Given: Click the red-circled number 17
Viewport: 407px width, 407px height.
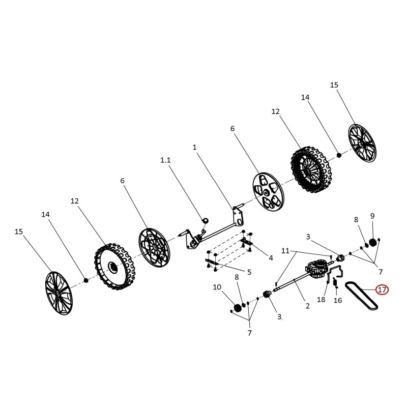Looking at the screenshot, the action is pyautogui.click(x=382, y=289).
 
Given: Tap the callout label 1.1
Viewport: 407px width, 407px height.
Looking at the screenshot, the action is pyautogui.click(x=165, y=160).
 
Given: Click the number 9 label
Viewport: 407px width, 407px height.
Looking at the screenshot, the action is pyautogui.click(x=372, y=216).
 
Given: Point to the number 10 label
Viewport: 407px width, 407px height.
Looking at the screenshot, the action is pyautogui.click(x=217, y=287).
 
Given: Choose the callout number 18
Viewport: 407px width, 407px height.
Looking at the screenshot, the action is pyautogui.click(x=321, y=300).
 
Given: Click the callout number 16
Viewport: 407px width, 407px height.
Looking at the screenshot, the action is pyautogui.click(x=338, y=300).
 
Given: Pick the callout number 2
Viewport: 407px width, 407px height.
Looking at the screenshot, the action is pyautogui.click(x=308, y=306).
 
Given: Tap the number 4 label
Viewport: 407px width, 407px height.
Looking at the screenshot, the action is pyautogui.click(x=271, y=258).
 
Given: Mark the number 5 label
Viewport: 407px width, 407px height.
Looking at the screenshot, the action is pyautogui.click(x=249, y=272).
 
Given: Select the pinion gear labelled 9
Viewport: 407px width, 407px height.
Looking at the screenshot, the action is pyautogui.click(x=373, y=243).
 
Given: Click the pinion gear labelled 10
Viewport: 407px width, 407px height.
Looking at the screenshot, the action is pyautogui.click(x=237, y=308).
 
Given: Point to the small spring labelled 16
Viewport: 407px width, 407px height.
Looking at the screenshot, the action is pyautogui.click(x=335, y=283).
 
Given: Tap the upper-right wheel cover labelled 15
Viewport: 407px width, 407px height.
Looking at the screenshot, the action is pyautogui.click(x=362, y=143).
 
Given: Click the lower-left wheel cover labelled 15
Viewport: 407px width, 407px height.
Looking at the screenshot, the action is pyautogui.click(x=59, y=294).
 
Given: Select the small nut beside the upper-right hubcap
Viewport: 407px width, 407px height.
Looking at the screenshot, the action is pyautogui.click(x=339, y=155).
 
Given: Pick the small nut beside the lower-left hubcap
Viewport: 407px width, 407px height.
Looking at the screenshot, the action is pyautogui.click(x=85, y=280).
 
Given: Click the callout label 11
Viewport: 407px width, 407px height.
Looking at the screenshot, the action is pyautogui.click(x=285, y=251).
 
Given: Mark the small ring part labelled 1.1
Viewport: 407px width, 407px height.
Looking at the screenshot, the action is pyautogui.click(x=206, y=221).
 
